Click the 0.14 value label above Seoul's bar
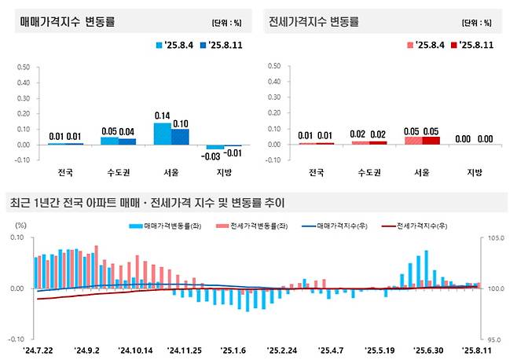[162, 115]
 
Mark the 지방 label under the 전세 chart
[475, 172]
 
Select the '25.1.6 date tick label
[232, 351]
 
